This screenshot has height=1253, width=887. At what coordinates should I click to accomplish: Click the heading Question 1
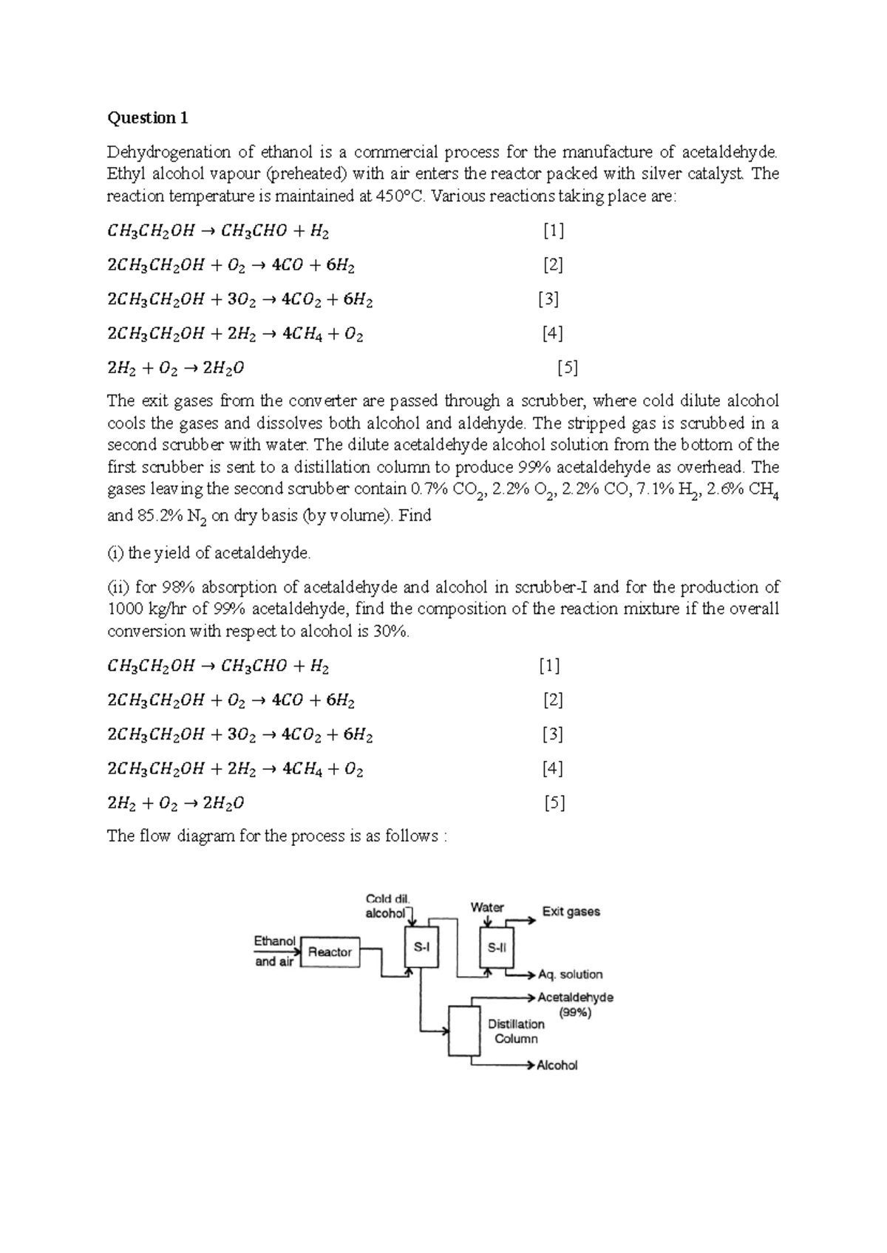(x=148, y=118)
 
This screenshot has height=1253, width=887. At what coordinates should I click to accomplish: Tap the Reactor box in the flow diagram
(x=330, y=952)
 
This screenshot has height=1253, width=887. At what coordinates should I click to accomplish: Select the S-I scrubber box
(x=421, y=946)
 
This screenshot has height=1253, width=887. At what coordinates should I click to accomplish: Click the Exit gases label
(x=571, y=912)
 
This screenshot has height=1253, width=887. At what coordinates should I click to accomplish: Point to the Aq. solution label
(x=570, y=974)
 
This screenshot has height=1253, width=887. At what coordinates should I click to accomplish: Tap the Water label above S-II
(x=487, y=907)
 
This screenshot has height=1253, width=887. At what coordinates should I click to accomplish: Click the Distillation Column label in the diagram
(x=516, y=1031)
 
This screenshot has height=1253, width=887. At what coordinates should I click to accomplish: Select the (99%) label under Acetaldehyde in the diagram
(x=575, y=1013)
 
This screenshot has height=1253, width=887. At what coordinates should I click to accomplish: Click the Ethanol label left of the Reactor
(x=275, y=941)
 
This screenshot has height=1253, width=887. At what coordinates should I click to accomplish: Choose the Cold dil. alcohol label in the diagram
(x=387, y=906)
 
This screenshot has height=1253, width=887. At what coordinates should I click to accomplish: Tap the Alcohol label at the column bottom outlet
(x=557, y=1065)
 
